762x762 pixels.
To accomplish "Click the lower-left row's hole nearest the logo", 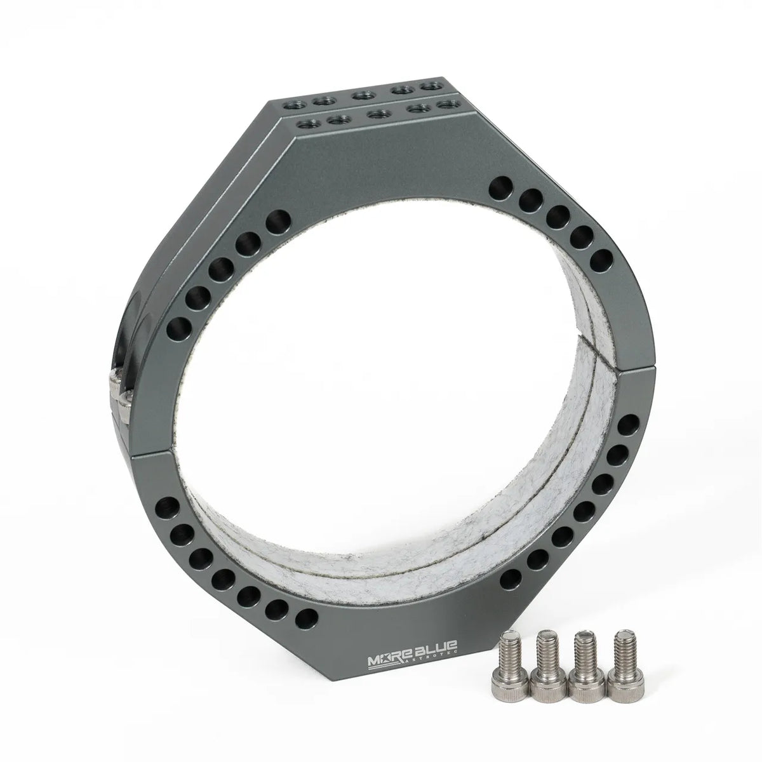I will click(306, 617).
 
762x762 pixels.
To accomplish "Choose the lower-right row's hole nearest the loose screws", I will click(511, 578).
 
